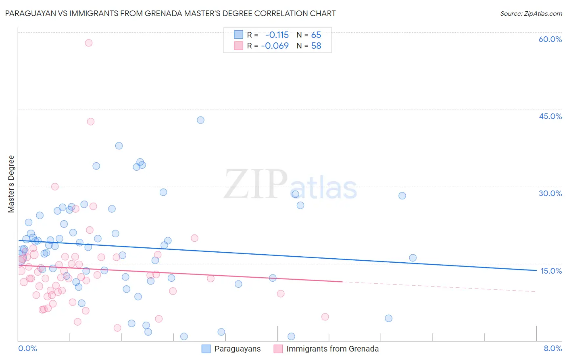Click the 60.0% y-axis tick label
tap(550, 39)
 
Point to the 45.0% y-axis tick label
tap(550, 116)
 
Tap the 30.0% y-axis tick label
tap(550, 193)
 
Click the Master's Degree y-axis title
tap(11, 184)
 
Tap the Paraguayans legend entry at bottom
tap(237, 349)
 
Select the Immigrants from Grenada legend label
tap(332, 349)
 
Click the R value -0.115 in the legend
tap(277, 35)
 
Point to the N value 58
tap(316, 46)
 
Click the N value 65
tap(316, 35)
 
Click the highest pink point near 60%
tap(89, 43)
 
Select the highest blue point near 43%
tap(200, 120)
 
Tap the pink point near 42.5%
tap(91, 121)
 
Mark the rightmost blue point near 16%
tap(413, 258)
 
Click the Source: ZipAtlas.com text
tap(531, 14)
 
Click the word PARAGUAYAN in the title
tap(29, 14)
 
